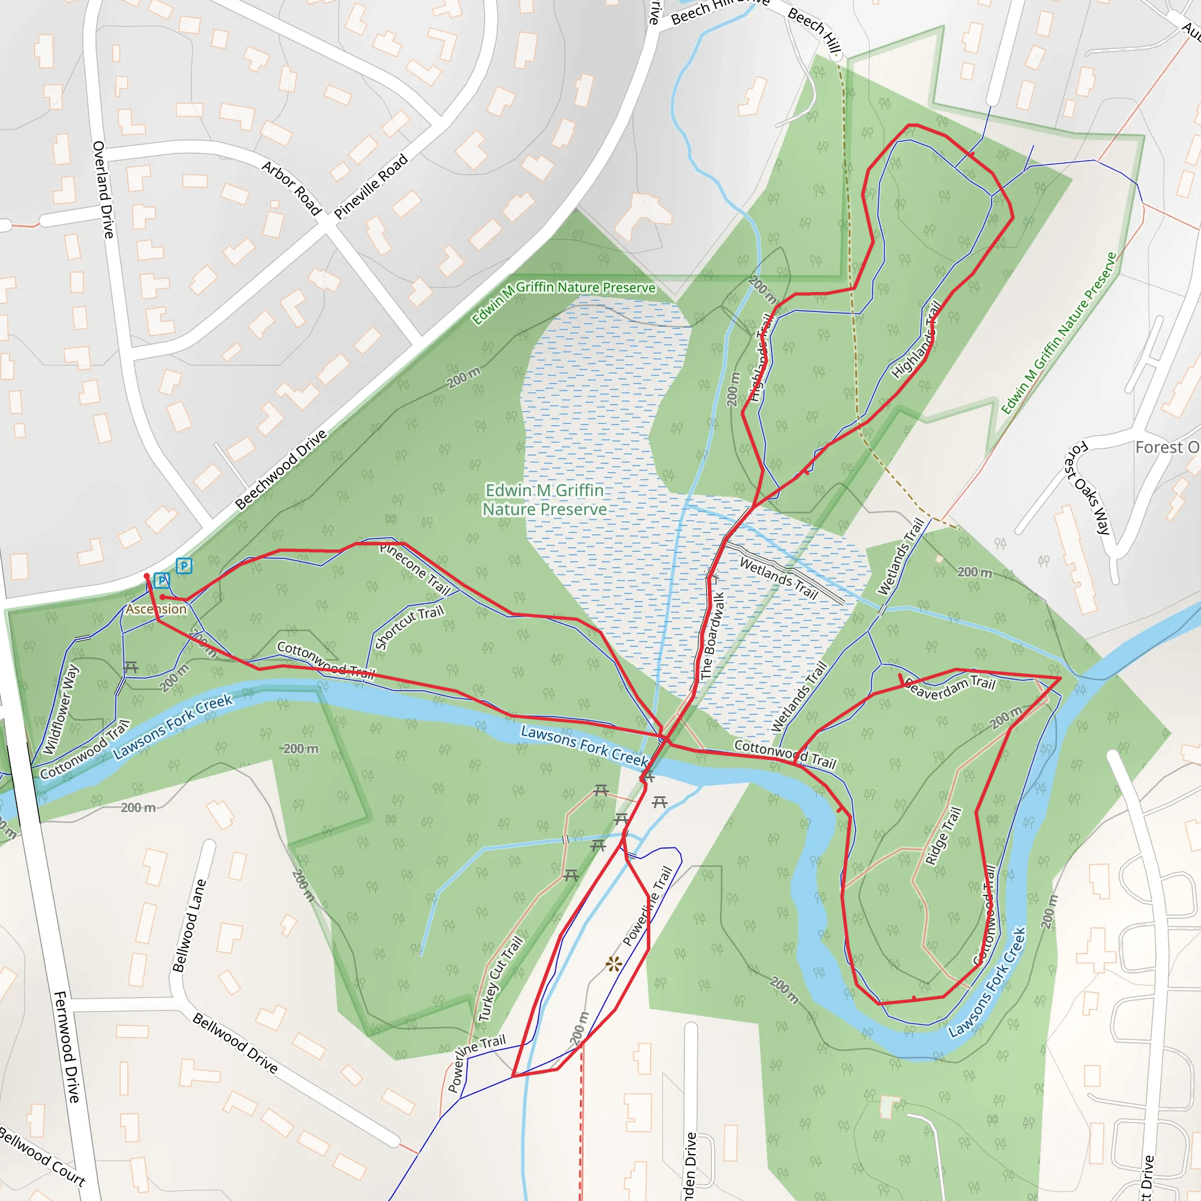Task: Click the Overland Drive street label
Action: click(103, 189)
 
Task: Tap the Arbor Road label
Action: click(291, 188)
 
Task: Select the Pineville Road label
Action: click(371, 186)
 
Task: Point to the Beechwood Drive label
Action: click(281, 470)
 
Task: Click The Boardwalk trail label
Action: click(713, 635)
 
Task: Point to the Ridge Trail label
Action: click(943, 836)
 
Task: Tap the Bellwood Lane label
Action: click(189, 925)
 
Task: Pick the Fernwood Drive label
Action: click(67, 1047)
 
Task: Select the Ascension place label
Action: click(156, 609)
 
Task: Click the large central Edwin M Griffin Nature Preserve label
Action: click(545, 500)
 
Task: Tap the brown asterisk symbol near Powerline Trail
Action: click(613, 965)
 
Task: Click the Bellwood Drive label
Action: click(235, 1043)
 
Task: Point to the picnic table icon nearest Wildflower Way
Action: click(131, 667)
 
